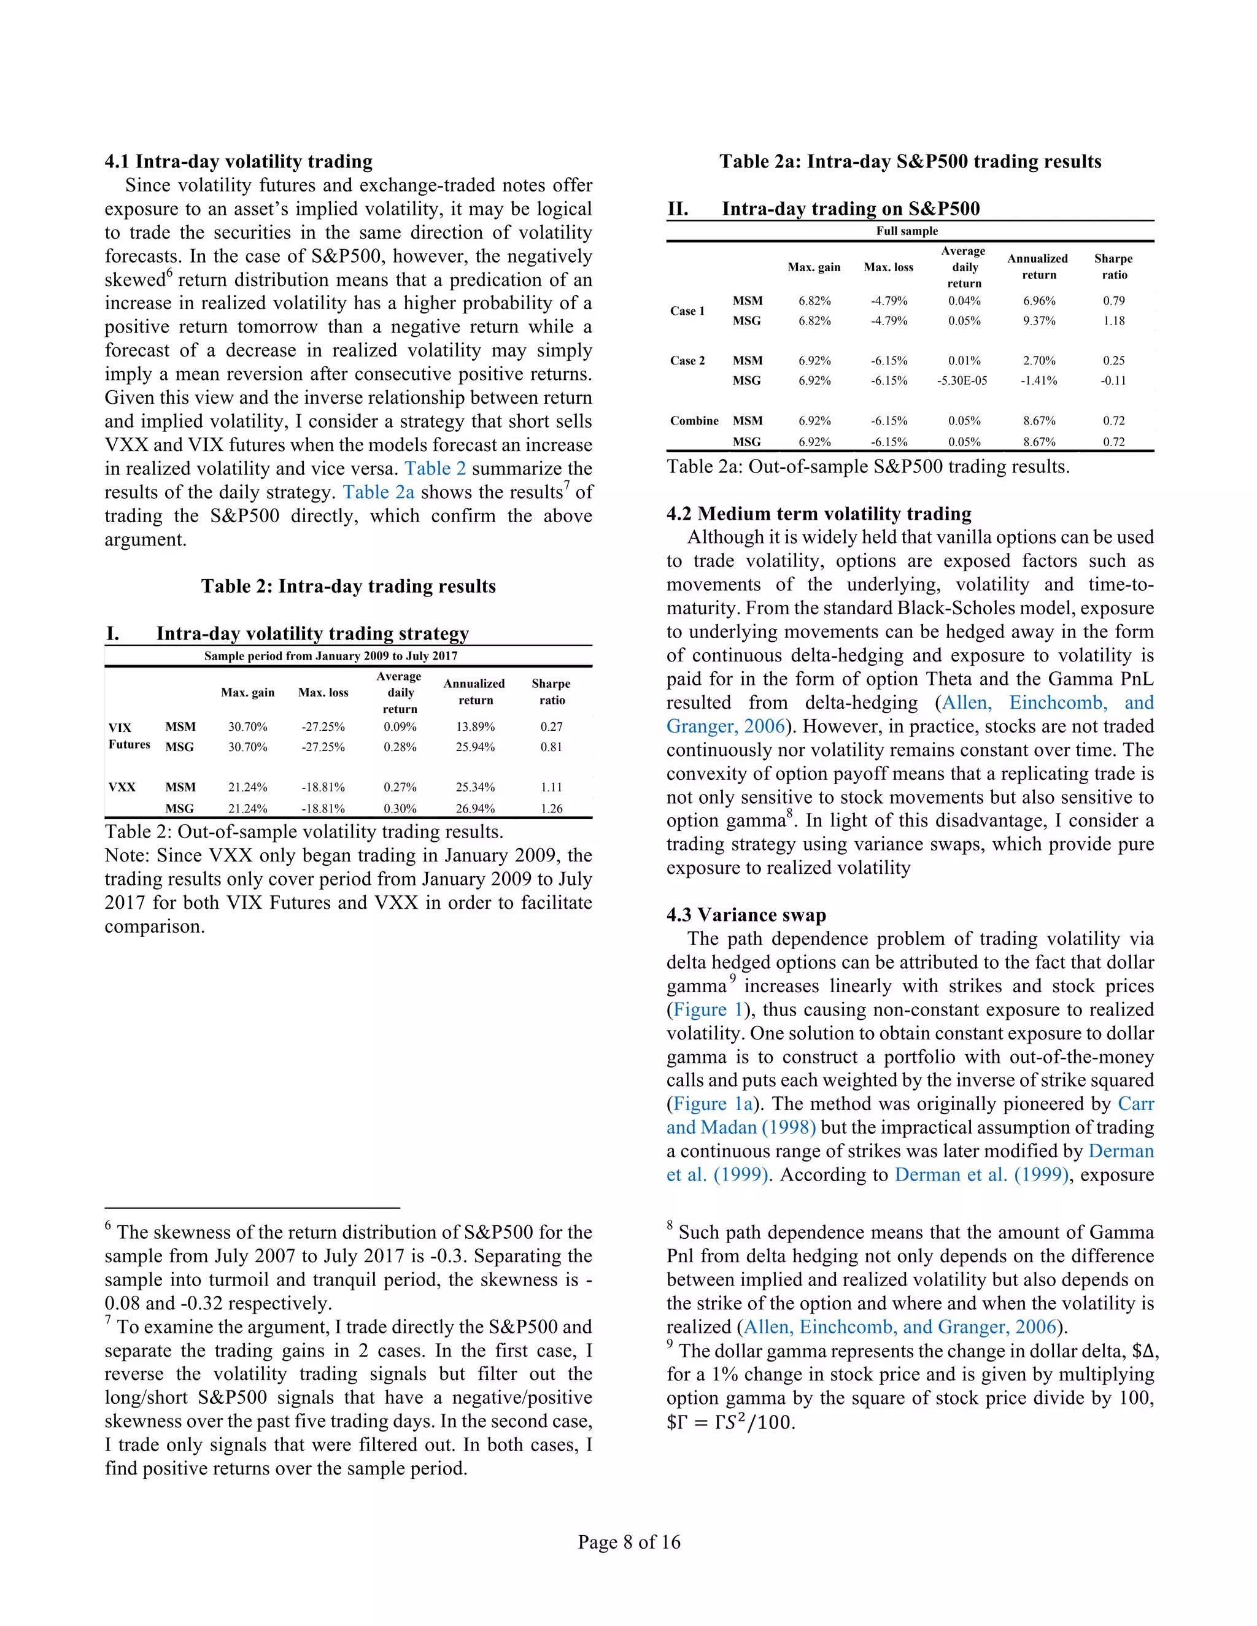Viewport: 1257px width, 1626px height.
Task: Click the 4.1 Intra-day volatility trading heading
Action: [238, 161]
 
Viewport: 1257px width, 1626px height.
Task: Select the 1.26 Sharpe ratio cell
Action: [551, 809]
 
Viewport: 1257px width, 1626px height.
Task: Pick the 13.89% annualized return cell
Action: [475, 726]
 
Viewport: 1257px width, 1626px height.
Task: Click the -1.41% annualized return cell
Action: [1039, 380]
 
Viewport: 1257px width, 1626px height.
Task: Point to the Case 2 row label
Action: [687, 360]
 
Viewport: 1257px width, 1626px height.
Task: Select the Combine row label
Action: [694, 421]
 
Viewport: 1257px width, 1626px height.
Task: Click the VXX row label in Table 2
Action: [122, 787]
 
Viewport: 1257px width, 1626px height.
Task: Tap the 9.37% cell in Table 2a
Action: [1039, 321]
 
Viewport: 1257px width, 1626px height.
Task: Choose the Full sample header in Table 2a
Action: [907, 231]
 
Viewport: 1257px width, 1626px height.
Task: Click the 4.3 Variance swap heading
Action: [746, 915]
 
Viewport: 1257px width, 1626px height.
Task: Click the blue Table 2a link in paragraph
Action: [377, 492]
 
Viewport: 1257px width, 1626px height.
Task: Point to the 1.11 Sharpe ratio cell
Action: [551, 787]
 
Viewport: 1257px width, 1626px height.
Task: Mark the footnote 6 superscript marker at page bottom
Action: [108, 1225]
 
